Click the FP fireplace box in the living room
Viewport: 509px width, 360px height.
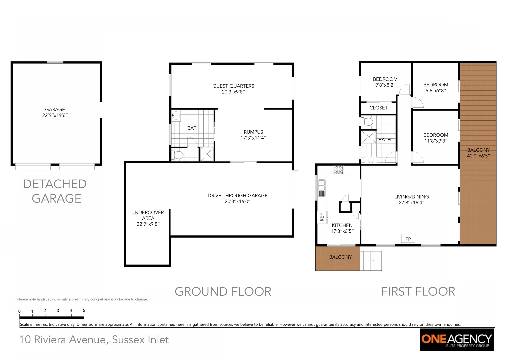pyautogui.click(x=408, y=239)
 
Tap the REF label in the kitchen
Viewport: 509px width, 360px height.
pyautogui.click(x=322, y=217)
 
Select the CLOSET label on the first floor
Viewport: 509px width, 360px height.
pyautogui.click(x=378, y=108)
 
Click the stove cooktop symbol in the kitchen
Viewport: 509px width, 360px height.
pyautogui.click(x=338, y=169)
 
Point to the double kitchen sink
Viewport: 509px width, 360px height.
pyautogui.click(x=322, y=185)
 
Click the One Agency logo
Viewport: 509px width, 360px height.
pyautogui.click(x=456, y=340)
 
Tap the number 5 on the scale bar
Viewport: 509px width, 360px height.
pyautogui.click(x=84, y=310)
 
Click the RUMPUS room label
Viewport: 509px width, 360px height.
pyautogui.click(x=253, y=132)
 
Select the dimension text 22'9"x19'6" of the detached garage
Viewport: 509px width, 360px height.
pyautogui.click(x=55, y=115)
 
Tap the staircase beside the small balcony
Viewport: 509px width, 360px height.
pyautogui.click(x=371, y=260)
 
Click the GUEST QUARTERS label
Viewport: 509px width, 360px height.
pyautogui.click(x=233, y=86)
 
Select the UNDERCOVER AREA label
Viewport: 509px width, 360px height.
pyautogui.click(x=148, y=215)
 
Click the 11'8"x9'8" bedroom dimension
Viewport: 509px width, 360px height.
pyautogui.click(x=436, y=141)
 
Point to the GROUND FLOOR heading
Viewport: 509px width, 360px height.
pyautogui.click(x=223, y=292)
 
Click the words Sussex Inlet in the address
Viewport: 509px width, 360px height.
pyautogui.click(x=140, y=340)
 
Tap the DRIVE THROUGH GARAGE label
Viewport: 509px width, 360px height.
pyautogui.click(x=237, y=196)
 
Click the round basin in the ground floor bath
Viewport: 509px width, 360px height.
pyautogui.click(x=176, y=116)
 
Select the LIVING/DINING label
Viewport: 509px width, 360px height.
pyautogui.click(x=411, y=197)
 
